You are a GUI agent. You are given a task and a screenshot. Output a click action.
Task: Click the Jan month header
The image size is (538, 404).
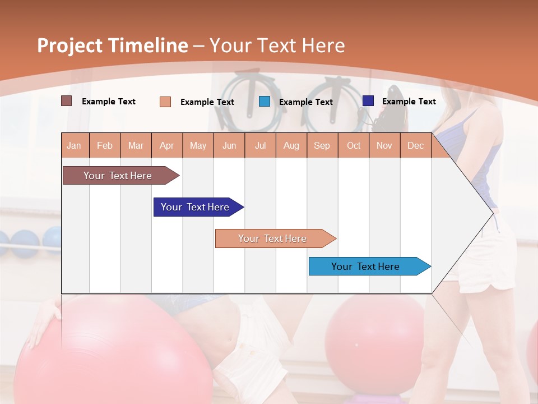(x=74, y=145)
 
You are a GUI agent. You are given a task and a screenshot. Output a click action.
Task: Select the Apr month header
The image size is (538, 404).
(x=167, y=145)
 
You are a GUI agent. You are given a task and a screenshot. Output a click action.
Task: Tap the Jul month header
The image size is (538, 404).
(x=260, y=145)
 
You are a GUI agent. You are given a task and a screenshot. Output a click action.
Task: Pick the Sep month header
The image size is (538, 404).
(x=322, y=145)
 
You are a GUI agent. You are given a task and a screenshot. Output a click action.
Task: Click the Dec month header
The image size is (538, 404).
(x=415, y=145)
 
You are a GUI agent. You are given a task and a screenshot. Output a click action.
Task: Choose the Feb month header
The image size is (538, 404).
(x=105, y=145)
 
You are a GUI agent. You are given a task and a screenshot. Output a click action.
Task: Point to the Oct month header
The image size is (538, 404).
(x=354, y=145)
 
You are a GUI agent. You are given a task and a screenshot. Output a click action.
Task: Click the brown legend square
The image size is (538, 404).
(x=67, y=101)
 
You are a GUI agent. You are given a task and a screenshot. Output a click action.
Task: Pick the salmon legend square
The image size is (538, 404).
(x=165, y=102)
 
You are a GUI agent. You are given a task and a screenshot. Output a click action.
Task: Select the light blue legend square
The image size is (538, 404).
(x=265, y=102)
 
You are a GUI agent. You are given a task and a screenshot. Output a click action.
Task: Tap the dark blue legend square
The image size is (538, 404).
(x=368, y=101)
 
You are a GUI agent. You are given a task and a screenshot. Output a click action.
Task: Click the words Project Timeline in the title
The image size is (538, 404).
(x=112, y=45)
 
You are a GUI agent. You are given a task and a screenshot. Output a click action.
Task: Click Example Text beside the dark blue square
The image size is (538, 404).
(x=409, y=102)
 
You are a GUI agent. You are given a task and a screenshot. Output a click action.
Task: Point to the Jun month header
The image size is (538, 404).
(x=229, y=145)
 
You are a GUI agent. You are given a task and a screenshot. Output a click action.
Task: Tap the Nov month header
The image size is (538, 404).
(x=384, y=145)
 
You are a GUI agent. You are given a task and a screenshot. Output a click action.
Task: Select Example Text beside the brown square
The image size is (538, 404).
(x=109, y=102)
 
